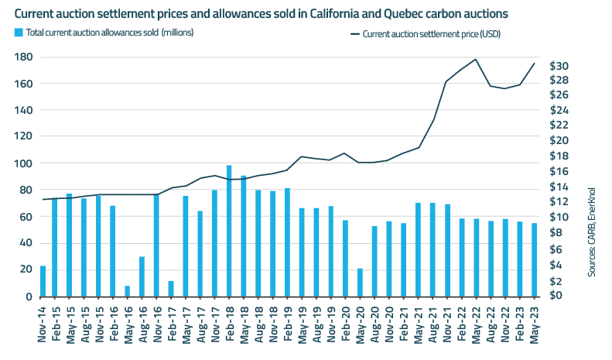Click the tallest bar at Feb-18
(x=229, y=231)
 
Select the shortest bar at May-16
(x=128, y=291)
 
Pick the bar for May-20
(x=360, y=283)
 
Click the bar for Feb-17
(x=171, y=289)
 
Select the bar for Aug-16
(x=142, y=276)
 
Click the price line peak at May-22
(x=475, y=60)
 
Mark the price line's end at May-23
(x=534, y=63)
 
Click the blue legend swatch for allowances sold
(x=18, y=33)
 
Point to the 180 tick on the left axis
(x=22, y=57)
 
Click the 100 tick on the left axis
(x=22, y=163)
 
